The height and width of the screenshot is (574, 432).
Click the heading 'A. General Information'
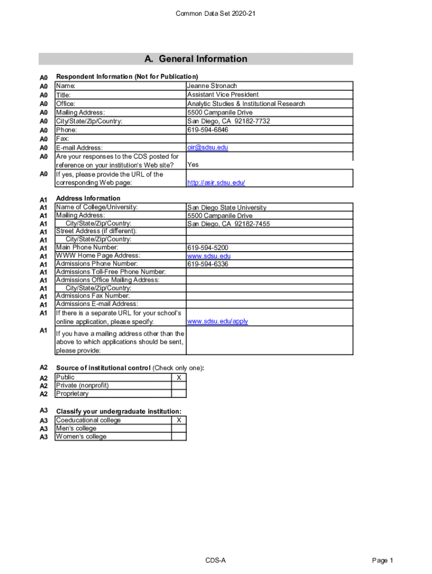coord(195,59)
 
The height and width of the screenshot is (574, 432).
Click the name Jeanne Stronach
coord(212,86)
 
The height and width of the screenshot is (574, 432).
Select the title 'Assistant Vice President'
coord(223,95)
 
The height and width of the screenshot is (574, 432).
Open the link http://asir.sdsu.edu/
coord(216,183)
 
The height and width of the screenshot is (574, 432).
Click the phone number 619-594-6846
coord(208,130)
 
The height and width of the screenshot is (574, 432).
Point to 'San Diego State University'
coord(227,207)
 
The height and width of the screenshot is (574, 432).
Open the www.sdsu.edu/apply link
coord(218,321)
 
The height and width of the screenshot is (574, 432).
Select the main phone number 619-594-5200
coord(208,248)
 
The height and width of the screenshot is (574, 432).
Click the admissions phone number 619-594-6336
coord(208,264)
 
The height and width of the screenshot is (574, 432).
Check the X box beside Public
coord(178,378)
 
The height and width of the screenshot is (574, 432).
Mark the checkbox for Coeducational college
coord(178,420)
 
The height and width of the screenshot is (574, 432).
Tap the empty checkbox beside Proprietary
coord(178,394)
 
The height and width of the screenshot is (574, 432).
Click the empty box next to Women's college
coord(178,437)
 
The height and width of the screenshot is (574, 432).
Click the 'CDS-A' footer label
coord(215,561)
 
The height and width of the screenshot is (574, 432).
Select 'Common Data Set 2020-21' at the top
coord(216,13)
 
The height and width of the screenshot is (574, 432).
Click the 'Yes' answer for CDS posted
coord(193,165)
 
